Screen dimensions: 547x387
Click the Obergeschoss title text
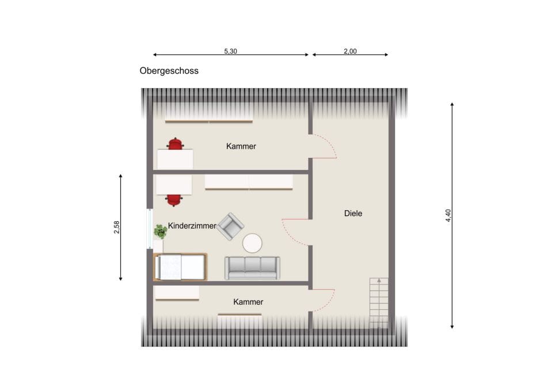coord(169,71)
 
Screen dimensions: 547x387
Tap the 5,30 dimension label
coord(230,51)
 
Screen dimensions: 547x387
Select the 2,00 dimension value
coord(350,51)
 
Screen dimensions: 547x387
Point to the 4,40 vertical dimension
coord(449,215)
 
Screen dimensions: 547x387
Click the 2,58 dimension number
coord(116,227)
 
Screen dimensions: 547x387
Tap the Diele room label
coord(353,213)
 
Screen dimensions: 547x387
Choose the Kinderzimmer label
coord(192,226)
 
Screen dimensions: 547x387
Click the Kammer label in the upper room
coord(241,146)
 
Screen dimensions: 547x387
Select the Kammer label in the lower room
coord(248,302)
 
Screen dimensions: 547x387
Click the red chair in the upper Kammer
coord(175,143)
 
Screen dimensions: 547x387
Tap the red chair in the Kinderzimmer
coord(174,200)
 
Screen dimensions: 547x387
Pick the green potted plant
coord(161,232)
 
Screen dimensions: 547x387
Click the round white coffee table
coord(252,243)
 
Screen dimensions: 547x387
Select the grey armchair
coord(230,226)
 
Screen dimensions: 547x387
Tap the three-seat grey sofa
coord(252,268)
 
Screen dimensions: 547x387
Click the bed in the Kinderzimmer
coord(180,267)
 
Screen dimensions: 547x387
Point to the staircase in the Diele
coord(379,303)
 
